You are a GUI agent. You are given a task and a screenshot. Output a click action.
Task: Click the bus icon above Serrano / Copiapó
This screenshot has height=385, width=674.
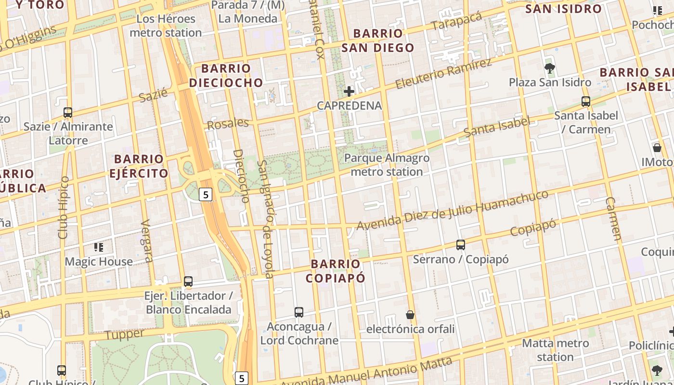(x=461, y=245)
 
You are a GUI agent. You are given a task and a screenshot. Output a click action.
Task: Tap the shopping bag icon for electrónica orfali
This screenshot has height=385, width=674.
(x=410, y=315)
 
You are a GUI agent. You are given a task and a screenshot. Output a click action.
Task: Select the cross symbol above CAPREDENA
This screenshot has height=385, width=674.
(x=349, y=91)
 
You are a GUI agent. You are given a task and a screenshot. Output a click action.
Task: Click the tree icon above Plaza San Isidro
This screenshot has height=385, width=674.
(x=549, y=68)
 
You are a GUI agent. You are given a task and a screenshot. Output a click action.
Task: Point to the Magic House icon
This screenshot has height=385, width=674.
(x=99, y=247)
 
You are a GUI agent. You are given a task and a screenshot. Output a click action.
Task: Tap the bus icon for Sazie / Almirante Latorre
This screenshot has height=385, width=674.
(x=68, y=113)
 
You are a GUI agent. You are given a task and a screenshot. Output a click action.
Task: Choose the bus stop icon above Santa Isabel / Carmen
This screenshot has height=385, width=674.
(x=586, y=102)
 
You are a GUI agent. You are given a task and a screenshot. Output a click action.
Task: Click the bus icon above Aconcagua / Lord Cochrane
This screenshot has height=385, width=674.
(x=299, y=312)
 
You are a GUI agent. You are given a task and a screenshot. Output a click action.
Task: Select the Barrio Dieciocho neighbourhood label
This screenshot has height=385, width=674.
(x=226, y=76)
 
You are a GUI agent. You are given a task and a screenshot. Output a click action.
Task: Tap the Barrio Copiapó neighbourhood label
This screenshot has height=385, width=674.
(x=336, y=271)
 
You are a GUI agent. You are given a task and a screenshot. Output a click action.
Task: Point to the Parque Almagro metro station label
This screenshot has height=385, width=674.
(x=387, y=165)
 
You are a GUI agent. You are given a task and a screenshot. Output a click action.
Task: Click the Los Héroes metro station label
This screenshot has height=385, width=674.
(x=166, y=26)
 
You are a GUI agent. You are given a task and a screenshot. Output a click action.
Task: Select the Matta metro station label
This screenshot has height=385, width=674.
(x=555, y=350)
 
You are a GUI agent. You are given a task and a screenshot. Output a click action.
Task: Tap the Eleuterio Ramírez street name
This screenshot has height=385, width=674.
(x=443, y=74)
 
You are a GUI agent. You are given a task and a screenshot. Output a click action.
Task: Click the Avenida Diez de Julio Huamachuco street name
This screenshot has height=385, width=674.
(x=453, y=210)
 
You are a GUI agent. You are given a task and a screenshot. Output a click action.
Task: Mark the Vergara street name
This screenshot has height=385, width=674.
(x=147, y=241)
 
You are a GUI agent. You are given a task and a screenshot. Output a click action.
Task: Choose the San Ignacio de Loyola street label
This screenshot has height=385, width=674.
(x=265, y=219)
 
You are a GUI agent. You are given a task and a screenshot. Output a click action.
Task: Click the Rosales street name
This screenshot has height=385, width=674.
(x=228, y=124)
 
